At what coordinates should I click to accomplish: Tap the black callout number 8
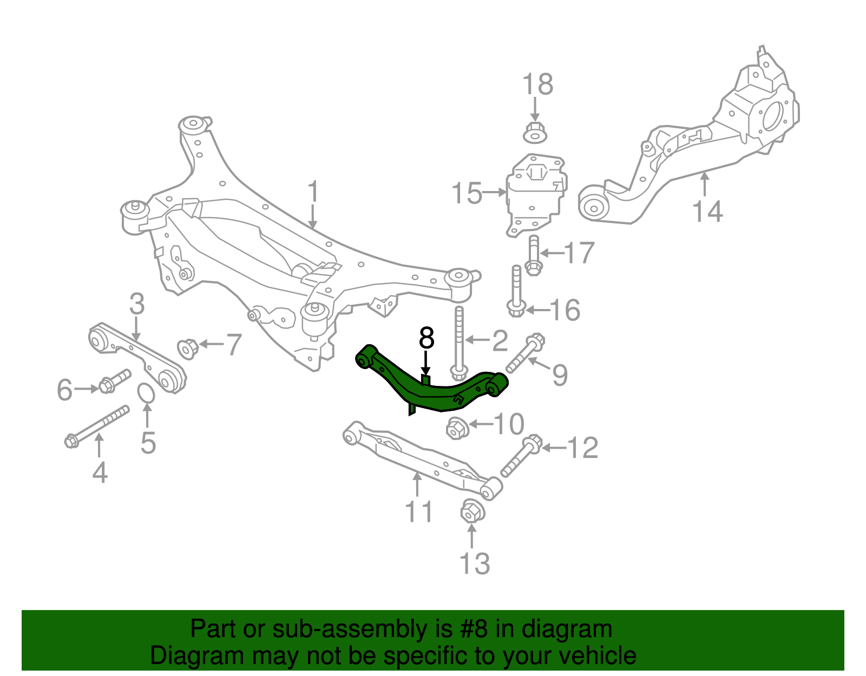pos(427,338)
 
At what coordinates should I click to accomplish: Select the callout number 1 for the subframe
pos(313,193)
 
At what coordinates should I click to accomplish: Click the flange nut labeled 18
pos(535,132)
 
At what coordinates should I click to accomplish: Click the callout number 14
pos(707,211)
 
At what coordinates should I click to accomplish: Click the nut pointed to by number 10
pos(457,429)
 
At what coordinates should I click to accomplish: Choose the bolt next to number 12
pos(519,457)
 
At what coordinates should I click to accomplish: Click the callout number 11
pos(419,511)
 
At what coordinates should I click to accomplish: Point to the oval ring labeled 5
pos(146,393)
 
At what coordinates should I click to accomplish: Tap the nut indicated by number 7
pos(187,348)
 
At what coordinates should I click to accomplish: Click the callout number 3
pos(137,304)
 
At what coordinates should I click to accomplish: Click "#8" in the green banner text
pos(474,629)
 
